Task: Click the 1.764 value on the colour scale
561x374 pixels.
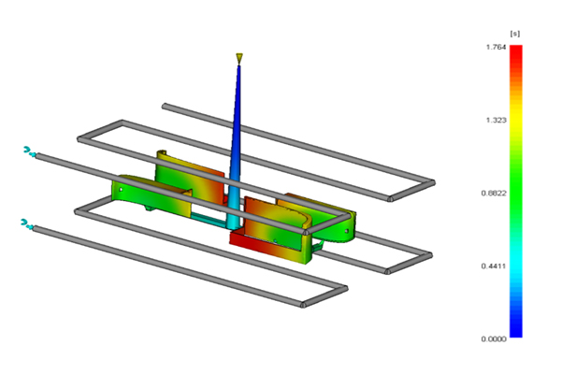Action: pyautogui.click(x=496, y=48)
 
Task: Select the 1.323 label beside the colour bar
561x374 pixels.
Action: pyautogui.click(x=496, y=120)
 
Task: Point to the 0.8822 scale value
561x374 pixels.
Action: pyautogui.click(x=494, y=194)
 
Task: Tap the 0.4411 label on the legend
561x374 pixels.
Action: pyautogui.click(x=494, y=266)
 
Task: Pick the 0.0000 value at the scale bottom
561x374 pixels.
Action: pyautogui.click(x=494, y=338)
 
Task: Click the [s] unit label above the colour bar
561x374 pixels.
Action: pyautogui.click(x=515, y=34)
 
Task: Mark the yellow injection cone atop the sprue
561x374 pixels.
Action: pyautogui.click(x=239, y=59)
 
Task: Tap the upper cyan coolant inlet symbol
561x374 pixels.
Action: pyautogui.click(x=29, y=151)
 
